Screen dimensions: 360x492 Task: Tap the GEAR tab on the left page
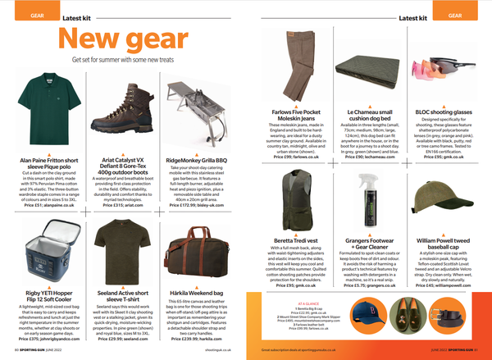[15, 16]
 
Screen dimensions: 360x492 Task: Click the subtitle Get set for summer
[118, 59]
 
